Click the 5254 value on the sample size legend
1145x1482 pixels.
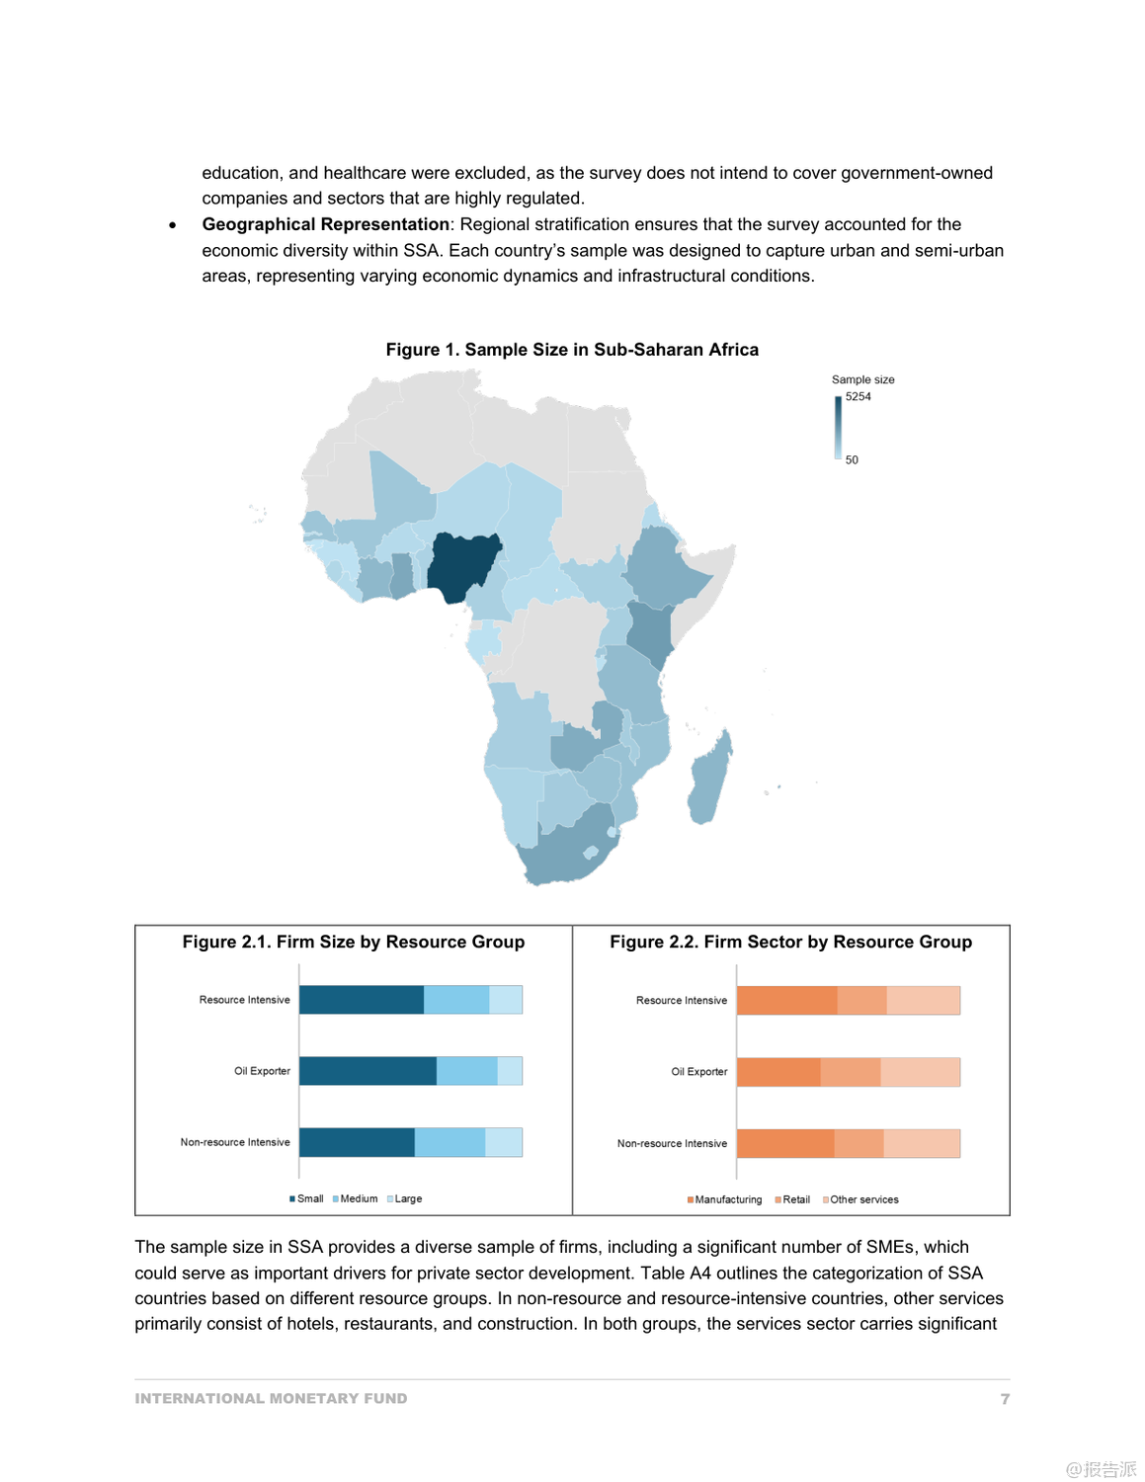pyautogui.click(x=858, y=397)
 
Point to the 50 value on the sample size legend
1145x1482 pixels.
pyautogui.click(x=852, y=460)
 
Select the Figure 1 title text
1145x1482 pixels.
pyautogui.click(x=572, y=350)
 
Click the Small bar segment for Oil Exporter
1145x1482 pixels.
pyautogui.click(x=368, y=1071)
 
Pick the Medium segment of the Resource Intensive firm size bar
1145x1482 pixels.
pyautogui.click(x=456, y=1000)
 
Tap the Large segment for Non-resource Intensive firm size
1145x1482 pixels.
pyautogui.click(x=504, y=1142)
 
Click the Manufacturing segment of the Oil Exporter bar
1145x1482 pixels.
pyautogui.click(x=778, y=1072)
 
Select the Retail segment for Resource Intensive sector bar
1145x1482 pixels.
pyautogui.click(x=861, y=1001)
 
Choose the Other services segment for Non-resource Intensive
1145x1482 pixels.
pyautogui.click(x=922, y=1143)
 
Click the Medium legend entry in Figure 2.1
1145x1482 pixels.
pyautogui.click(x=358, y=1198)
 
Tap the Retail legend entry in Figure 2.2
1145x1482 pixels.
pyautogui.click(x=795, y=1199)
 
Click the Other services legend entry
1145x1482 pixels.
pyautogui.click(x=863, y=1199)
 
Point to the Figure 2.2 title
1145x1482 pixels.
pyautogui.click(x=790, y=943)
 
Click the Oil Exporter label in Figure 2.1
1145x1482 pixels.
pyautogui.click(x=262, y=1071)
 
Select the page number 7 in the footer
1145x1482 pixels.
pyautogui.click(x=1005, y=1399)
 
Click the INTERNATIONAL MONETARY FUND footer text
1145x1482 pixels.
pyautogui.click(x=271, y=1399)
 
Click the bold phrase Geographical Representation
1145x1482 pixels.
pyautogui.click(x=325, y=225)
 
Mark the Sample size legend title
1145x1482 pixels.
pyautogui.click(x=862, y=379)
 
